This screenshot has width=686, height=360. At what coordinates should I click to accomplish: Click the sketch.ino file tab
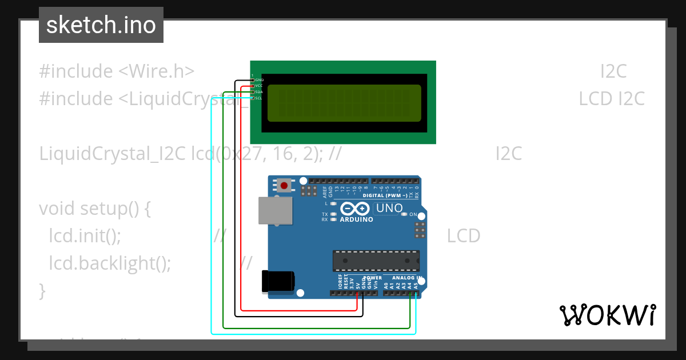(x=101, y=25)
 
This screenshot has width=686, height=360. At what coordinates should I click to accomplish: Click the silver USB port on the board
(x=274, y=210)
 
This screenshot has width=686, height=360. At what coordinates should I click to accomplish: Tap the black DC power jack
(x=278, y=282)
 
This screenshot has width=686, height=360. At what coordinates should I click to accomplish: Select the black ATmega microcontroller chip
(x=376, y=261)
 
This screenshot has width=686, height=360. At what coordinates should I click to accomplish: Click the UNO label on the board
(x=389, y=209)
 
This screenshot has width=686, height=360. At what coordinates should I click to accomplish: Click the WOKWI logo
(x=607, y=315)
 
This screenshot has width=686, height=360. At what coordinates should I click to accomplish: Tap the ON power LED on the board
(x=405, y=214)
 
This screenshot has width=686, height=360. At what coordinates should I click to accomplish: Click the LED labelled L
(x=333, y=203)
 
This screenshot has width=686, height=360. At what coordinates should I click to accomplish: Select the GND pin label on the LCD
(x=259, y=80)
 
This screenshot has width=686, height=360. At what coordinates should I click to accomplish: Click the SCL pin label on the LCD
(x=258, y=98)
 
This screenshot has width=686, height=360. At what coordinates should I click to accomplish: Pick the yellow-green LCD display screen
(x=344, y=103)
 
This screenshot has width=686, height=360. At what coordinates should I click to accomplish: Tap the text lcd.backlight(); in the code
(x=110, y=263)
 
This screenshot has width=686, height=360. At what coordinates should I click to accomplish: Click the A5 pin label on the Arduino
(x=416, y=284)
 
